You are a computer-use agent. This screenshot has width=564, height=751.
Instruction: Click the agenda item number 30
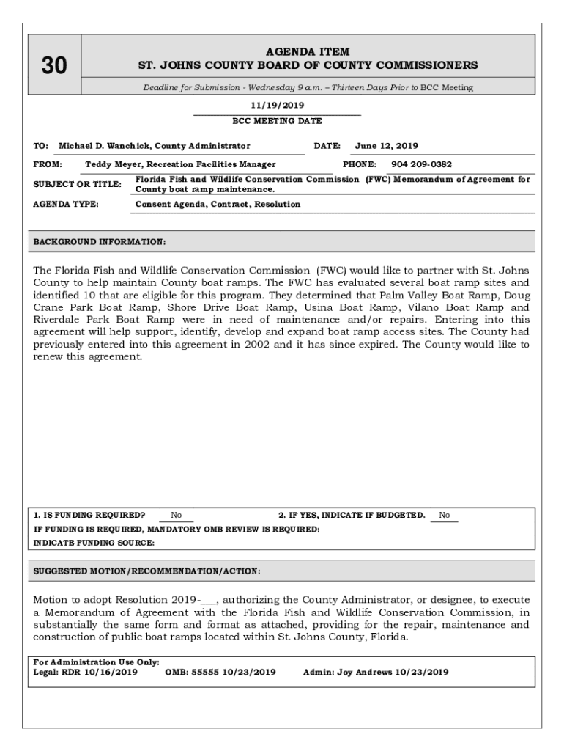coord(53,66)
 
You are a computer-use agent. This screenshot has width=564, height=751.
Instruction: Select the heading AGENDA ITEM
coord(308,51)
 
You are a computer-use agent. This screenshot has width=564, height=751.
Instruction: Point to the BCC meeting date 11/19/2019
coord(277,106)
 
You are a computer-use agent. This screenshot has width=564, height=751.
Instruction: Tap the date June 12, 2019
coord(387,146)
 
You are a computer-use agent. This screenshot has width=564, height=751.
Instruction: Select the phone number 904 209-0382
coord(422,164)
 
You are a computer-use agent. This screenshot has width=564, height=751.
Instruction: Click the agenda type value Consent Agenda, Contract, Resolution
coord(218,204)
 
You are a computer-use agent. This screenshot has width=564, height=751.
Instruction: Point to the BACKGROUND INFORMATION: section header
coord(100,241)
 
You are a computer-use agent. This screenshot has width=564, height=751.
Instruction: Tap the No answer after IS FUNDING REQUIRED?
coord(177,515)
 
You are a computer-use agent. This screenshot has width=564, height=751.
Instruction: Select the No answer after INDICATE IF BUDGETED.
coord(444,515)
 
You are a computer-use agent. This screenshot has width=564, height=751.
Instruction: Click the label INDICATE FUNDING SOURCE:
coord(94,543)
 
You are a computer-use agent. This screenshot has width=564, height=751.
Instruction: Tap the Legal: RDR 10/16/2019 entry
coord(86,672)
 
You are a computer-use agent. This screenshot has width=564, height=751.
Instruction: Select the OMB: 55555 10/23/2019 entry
coord(220,672)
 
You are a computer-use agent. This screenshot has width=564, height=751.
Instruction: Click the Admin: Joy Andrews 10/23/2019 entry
coord(376,672)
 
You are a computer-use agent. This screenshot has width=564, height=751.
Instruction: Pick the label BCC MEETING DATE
coord(277,121)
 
